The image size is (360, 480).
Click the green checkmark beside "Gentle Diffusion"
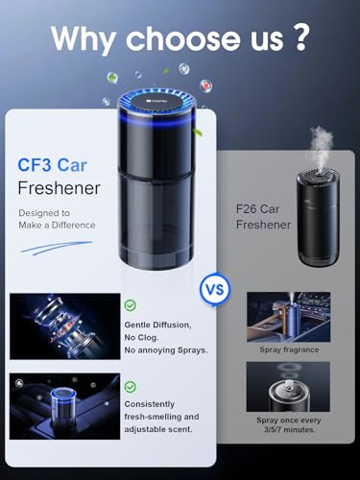pos(130,305)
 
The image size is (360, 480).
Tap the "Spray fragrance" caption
pos(288,349)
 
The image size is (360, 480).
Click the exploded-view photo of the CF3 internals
pos(64,325)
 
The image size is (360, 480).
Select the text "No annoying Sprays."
pos(165,349)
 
